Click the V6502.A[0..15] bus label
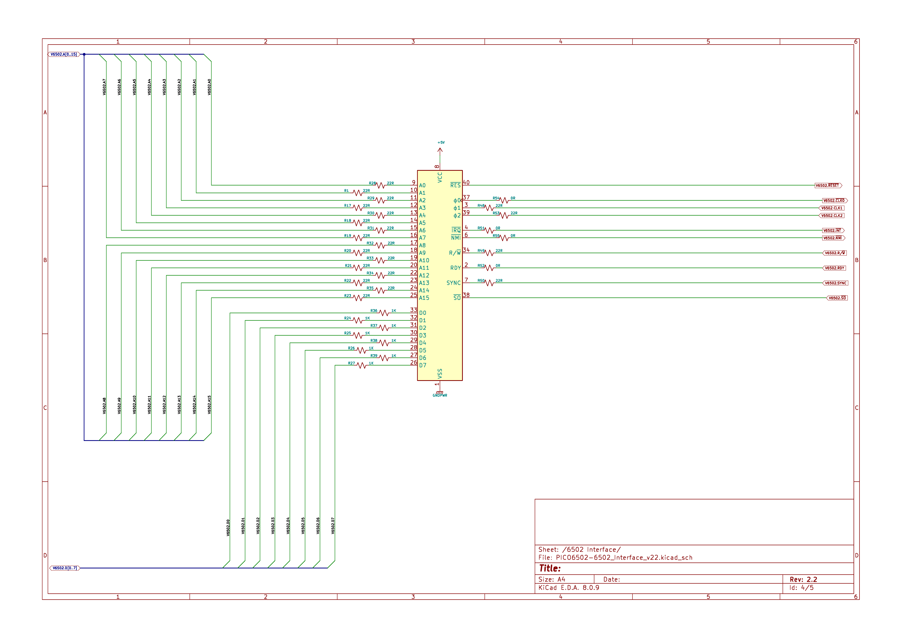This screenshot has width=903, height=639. coord(64,54)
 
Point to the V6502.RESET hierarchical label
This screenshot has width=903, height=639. coord(828,185)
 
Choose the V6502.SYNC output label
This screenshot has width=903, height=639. coord(835,283)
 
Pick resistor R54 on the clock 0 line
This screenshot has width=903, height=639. coord(504,200)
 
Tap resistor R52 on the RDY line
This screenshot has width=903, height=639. coord(489,268)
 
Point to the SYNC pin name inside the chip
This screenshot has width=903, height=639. coord(454,283)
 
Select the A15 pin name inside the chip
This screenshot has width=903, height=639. coord(424,298)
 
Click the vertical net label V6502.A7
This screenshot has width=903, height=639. coord(104,87)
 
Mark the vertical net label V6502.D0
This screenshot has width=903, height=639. coord(228,527)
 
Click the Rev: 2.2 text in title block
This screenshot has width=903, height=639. coord(803,579)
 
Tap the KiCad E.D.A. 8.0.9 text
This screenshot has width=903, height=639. coord(569,587)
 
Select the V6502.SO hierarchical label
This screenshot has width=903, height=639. coord(837,298)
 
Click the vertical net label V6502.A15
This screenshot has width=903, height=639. coord(209,404)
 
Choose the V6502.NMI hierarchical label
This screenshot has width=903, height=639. coord(833,238)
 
